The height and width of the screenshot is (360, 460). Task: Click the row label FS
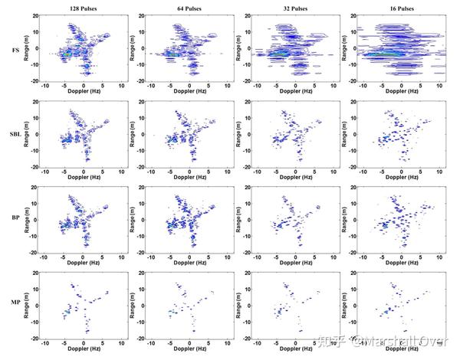pos(16,51)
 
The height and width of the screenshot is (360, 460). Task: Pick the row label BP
pos(16,218)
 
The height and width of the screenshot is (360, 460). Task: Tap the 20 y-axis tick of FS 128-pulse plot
pos(38,15)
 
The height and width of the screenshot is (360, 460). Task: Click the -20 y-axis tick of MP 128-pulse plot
pos(37,338)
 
